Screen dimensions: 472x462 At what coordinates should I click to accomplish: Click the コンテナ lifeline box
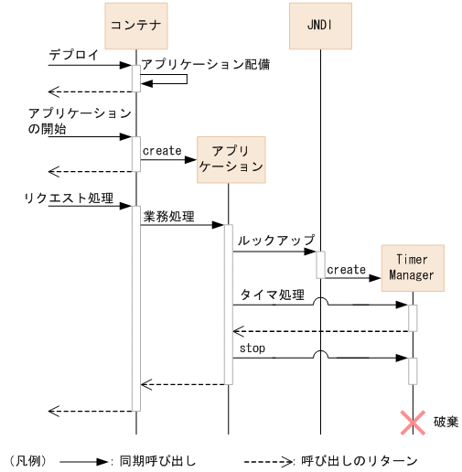click(136, 26)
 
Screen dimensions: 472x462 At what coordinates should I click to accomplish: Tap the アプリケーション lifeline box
click(230, 160)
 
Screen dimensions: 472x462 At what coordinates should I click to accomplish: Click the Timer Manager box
click(412, 267)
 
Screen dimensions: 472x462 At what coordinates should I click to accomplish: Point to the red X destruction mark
click(413, 421)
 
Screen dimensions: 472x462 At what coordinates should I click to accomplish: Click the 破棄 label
click(446, 421)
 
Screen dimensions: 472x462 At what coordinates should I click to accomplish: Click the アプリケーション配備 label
click(205, 66)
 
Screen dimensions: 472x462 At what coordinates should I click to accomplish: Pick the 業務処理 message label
click(169, 217)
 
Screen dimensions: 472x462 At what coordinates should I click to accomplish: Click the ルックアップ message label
click(276, 240)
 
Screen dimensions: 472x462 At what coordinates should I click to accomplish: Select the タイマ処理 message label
click(272, 295)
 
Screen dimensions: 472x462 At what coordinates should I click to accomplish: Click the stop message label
click(252, 349)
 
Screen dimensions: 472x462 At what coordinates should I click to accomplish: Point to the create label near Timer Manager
click(346, 270)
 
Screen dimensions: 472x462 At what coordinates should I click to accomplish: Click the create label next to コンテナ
click(162, 151)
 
